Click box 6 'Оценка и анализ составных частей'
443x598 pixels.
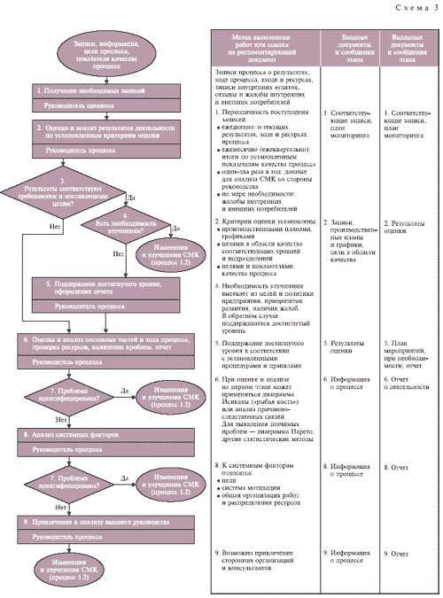(x=107, y=345)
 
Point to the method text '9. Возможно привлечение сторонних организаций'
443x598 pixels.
(x=265, y=558)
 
